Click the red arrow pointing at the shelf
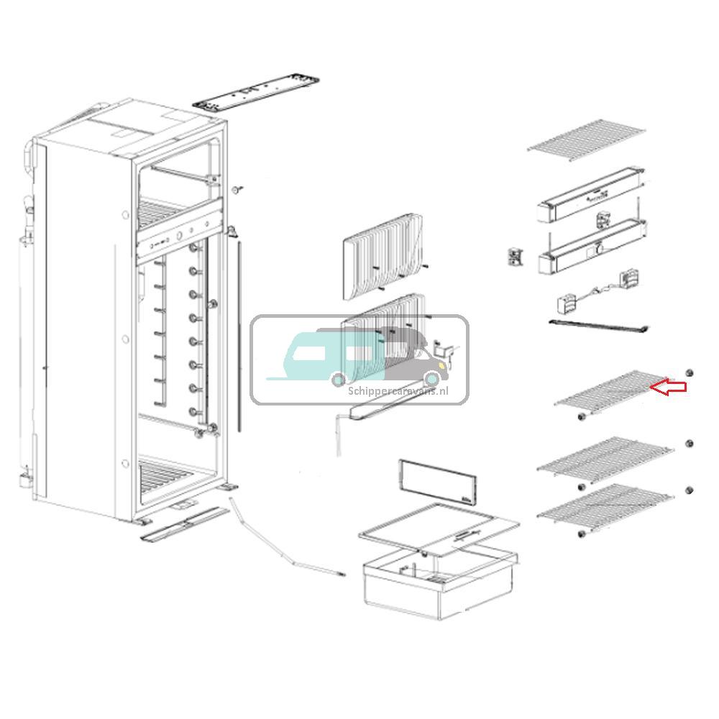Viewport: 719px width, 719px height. tap(669, 387)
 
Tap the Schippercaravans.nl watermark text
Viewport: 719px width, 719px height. tap(398, 390)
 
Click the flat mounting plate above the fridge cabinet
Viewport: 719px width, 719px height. tap(257, 92)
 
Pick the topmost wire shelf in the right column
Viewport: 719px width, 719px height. tap(586, 141)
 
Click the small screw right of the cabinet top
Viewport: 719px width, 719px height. tap(237, 188)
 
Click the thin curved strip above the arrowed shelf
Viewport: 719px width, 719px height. tap(600, 326)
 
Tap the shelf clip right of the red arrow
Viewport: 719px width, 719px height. tap(688, 372)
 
